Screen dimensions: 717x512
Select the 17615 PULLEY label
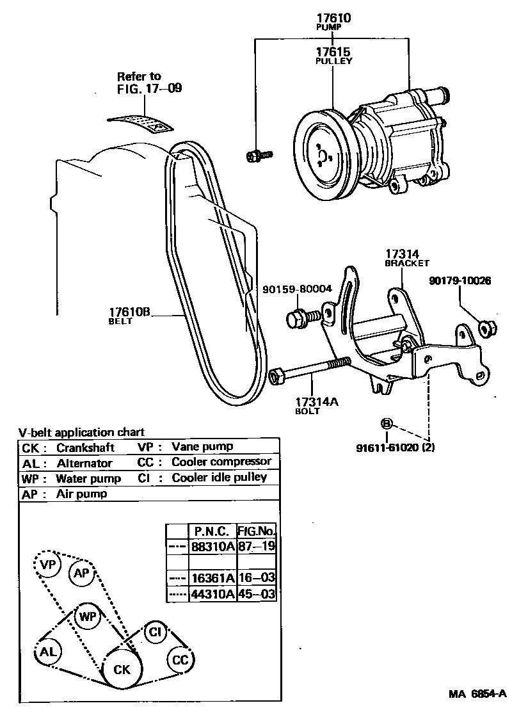333,52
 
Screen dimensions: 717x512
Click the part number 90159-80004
297,289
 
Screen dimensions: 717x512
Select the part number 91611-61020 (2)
404,447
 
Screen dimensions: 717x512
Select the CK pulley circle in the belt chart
122,670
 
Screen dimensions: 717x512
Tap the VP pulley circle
48,565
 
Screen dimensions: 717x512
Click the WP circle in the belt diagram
88,617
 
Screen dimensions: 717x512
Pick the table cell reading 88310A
211,546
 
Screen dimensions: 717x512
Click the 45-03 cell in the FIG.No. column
257,594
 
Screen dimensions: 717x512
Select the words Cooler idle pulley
219,478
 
